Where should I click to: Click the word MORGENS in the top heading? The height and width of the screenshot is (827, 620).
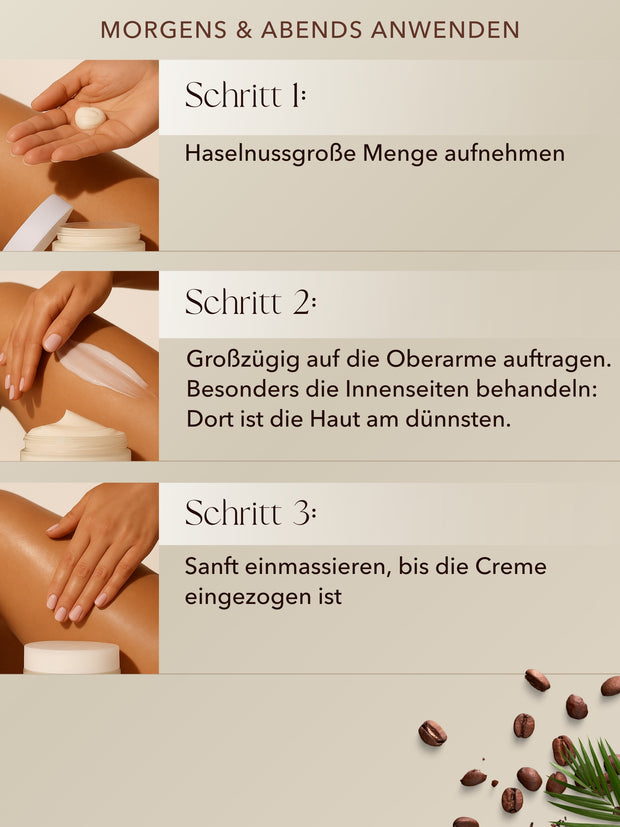tap(164, 30)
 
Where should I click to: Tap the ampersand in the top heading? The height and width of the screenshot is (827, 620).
tap(244, 30)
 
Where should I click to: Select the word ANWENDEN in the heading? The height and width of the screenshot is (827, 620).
tap(445, 30)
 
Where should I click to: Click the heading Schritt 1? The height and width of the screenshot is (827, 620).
tap(245, 95)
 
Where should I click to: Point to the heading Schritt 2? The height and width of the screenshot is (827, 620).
tap(250, 302)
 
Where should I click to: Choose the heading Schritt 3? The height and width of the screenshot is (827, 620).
tap(250, 512)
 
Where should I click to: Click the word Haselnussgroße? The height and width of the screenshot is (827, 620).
tap(271, 154)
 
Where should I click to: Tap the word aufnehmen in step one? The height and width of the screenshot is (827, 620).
tap(505, 154)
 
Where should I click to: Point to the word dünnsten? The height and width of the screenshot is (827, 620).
tap(458, 419)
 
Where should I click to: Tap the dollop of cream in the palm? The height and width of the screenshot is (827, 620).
tap(90, 118)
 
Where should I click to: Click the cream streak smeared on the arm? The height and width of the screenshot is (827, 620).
tap(103, 369)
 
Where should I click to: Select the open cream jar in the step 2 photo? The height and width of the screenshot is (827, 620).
tap(75, 436)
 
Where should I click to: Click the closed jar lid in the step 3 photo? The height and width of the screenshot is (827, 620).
tap(72, 657)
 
